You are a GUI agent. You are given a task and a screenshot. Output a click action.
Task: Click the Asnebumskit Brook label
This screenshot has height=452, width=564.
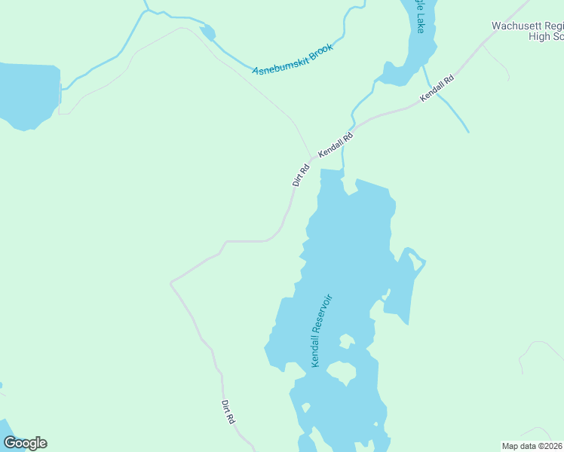coord(293,59)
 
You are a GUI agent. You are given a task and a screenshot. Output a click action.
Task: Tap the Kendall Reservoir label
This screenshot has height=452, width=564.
coord(322,330)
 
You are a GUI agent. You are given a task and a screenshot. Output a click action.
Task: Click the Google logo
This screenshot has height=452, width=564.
coord(25,442)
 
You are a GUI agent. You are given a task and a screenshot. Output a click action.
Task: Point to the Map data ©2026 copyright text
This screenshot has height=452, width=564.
coord(532,445)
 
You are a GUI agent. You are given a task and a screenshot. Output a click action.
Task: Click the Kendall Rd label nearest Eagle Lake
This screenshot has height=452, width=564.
coord(437,88)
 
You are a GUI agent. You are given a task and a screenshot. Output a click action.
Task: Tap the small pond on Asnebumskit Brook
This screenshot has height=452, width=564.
coord(207,32)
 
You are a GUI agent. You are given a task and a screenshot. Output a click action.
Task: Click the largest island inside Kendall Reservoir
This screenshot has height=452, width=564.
coord(341,373)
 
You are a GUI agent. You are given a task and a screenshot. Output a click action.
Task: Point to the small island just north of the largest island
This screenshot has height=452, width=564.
coord(345,341)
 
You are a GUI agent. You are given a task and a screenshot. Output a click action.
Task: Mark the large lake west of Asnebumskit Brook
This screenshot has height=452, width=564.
coord(29,94)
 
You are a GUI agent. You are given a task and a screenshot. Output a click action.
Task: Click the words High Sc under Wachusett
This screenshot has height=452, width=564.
coord(546,36)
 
